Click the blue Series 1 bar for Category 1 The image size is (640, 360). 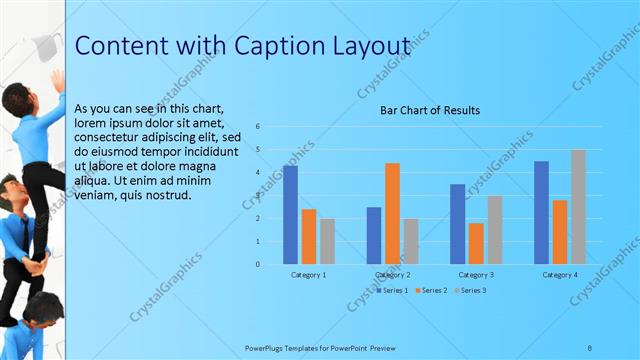[x=290, y=215]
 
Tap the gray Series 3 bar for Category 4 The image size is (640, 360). [x=578, y=207]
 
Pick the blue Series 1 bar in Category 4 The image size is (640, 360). [x=541, y=212]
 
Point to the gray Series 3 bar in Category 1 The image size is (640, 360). [x=327, y=241]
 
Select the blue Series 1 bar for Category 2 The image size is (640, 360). [x=373, y=235]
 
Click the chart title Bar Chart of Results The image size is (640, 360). [x=430, y=110]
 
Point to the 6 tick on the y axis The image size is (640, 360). [x=258, y=127]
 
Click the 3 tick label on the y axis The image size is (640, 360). [x=258, y=195]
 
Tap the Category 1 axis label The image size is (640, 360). [x=308, y=274]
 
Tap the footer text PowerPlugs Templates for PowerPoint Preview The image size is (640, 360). [x=320, y=347]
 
